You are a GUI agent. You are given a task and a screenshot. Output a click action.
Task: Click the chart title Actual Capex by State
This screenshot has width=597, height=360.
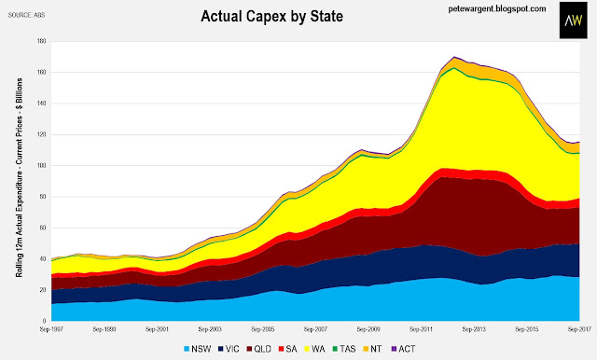[271, 17]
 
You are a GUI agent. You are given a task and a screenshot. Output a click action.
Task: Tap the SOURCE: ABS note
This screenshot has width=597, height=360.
[27, 15]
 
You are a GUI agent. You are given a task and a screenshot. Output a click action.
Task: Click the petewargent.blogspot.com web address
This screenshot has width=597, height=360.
[497, 8]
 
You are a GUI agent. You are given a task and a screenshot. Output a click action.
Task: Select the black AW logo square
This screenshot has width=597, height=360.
[574, 21]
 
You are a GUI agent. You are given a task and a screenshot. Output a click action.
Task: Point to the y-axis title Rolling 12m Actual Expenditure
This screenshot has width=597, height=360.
[19, 178]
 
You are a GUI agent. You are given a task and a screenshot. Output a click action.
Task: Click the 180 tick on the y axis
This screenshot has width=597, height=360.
[41, 41]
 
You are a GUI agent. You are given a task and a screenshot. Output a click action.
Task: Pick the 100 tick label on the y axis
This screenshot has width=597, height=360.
[41, 165]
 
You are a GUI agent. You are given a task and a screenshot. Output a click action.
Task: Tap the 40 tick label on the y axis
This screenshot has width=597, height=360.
[43, 258]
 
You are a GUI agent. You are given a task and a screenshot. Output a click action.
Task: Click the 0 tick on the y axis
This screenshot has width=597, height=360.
[44, 321]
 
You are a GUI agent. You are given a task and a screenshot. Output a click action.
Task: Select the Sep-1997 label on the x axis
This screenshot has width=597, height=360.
[52, 329]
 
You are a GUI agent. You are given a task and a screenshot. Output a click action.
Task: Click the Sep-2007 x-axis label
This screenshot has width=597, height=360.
[315, 329]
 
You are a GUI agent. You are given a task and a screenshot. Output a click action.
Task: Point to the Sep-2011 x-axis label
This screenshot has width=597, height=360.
[421, 329]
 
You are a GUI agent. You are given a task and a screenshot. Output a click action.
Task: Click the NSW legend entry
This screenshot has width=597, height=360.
[197, 349]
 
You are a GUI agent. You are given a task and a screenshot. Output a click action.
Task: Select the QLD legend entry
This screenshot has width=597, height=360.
[259, 349]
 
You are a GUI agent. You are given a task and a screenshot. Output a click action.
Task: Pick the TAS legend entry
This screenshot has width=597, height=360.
[344, 349]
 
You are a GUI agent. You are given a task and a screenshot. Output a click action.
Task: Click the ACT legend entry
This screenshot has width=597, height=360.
[403, 349]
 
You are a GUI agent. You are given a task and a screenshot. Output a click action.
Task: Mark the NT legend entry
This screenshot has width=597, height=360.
[373, 349]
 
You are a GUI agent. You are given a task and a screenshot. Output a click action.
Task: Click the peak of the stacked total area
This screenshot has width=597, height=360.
[454, 57]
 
